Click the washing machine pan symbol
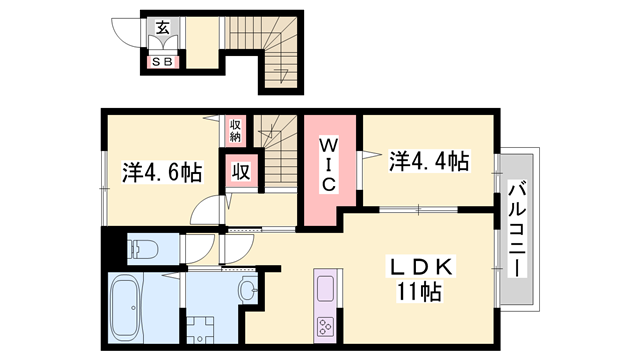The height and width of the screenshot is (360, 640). pos(203,329)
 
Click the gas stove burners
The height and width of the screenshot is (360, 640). pos(326,325)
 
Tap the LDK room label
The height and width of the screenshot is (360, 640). pos(421,268)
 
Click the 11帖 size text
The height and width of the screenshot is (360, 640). pos(421,294)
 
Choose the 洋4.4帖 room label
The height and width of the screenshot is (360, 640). pos(430,160)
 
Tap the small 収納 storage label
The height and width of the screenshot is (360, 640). pos(236,131)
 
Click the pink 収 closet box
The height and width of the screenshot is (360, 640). pos(240,171)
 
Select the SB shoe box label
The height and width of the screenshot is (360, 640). pos(162,63)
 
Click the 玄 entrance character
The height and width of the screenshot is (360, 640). pos(162,27)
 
